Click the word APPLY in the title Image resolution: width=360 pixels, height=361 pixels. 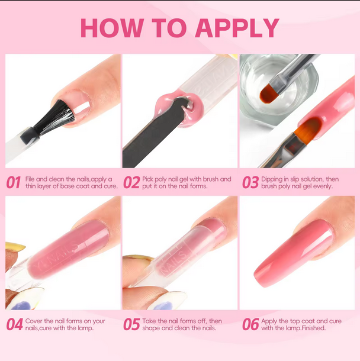pos(237,28)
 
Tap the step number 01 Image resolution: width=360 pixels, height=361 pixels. pos(14,183)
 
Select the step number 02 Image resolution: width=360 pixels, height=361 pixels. pos(131,183)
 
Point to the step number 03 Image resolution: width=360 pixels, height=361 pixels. pos(250,183)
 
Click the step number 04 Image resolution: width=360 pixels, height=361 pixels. pos(15,324)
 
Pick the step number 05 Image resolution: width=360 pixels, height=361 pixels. pos(131,324)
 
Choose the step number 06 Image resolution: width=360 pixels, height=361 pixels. pos(250,324)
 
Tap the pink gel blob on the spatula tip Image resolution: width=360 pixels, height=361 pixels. pos(178,108)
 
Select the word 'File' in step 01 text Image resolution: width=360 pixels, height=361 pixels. pos(30,179)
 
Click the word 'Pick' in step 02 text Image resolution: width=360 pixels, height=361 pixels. pos(147,179)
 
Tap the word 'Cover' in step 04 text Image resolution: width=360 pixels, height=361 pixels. pos(34,321)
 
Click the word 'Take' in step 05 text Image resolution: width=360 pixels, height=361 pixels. pos(149,321)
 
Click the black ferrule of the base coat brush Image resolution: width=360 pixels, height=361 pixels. pos(30,136)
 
